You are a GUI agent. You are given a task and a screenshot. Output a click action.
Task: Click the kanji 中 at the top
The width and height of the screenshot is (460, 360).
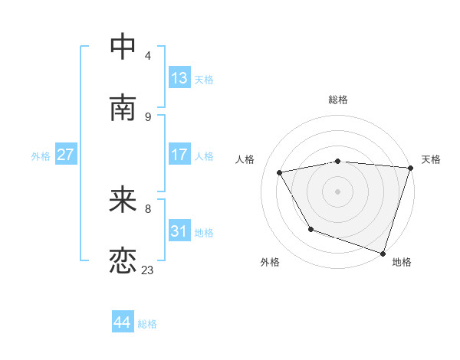coord(123,47)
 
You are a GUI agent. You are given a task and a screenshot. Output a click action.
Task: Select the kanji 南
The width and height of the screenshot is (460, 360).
coord(123,108)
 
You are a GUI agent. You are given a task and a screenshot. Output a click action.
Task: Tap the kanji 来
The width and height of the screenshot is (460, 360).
coord(123,200)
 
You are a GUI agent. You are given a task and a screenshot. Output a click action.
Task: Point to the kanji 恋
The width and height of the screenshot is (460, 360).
coord(123,261)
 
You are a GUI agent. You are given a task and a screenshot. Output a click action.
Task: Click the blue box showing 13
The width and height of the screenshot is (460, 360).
coord(179,77)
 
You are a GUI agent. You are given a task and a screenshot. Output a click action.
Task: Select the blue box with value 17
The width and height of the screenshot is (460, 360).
coord(179,155)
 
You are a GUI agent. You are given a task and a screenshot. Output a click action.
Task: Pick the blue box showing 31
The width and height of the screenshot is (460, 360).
coord(179,231)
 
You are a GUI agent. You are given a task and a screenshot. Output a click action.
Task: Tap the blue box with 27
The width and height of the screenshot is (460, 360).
coord(66,155)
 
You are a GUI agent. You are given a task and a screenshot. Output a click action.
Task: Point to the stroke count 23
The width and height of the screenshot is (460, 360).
coord(147,270)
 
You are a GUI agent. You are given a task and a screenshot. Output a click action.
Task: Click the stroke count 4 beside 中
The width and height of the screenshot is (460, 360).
coord(147,55)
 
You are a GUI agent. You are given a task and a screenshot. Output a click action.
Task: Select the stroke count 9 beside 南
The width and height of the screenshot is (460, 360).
coord(147,116)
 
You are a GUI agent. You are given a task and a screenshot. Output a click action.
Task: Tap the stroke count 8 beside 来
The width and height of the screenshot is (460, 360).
coord(147,208)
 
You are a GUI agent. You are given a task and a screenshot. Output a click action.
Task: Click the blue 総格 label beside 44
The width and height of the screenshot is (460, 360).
coord(147,324)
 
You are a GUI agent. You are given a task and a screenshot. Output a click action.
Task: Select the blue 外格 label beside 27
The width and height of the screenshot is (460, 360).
coord(41,155)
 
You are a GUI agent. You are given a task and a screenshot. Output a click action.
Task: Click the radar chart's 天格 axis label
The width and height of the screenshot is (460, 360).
coord(431,159)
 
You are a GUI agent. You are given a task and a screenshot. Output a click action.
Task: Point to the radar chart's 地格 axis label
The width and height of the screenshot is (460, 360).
coord(402,263)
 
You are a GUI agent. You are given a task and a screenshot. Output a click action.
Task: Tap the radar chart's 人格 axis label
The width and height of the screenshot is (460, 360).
coord(245,159)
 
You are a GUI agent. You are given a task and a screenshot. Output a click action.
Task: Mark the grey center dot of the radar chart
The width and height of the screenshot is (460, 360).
coord(338,191)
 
